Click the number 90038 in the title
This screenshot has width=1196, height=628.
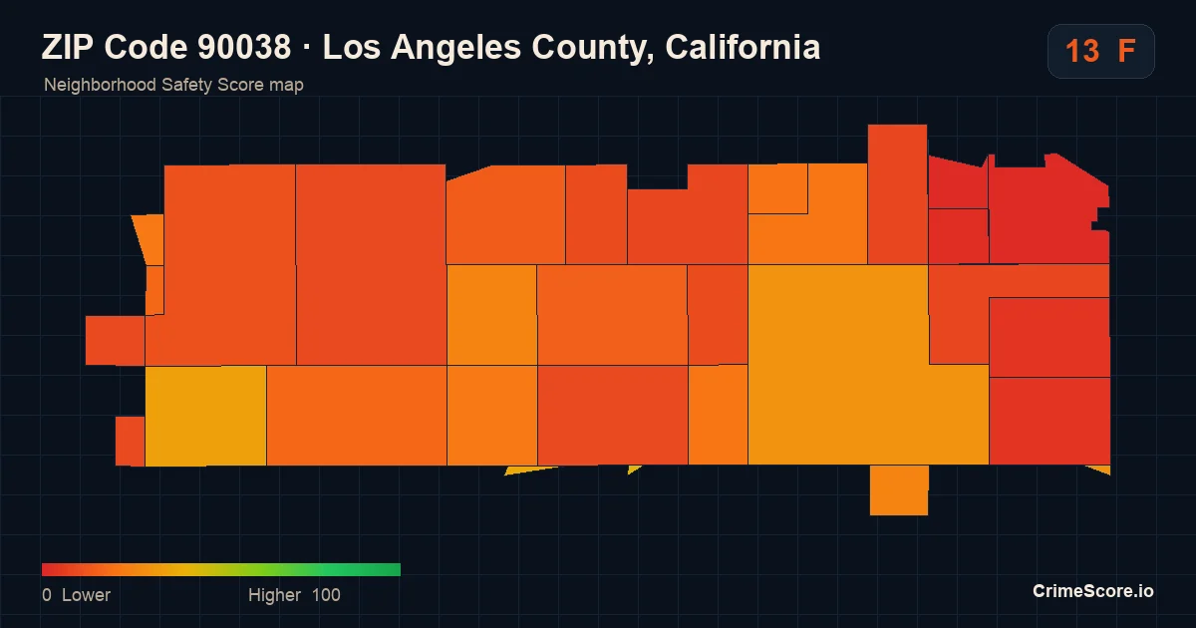click(244, 47)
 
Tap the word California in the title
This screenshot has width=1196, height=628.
click(743, 47)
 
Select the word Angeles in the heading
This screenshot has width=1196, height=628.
click(455, 48)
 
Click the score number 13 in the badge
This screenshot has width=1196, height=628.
click(1082, 51)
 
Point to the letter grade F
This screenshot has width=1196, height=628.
click(1126, 51)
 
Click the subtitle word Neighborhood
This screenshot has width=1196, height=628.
click(100, 85)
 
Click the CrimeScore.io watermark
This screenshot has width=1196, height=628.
click(1093, 591)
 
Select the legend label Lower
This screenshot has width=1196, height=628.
click(86, 595)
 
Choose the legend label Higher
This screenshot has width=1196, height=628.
click(274, 595)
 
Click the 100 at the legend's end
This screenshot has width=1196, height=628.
click(326, 595)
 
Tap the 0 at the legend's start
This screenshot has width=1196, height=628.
click(47, 595)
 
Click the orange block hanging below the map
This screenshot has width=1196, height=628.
click(899, 490)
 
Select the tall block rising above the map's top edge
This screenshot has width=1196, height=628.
click(898, 194)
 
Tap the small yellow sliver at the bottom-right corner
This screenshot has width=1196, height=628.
click(1102, 470)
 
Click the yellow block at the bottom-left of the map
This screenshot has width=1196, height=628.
click(205, 416)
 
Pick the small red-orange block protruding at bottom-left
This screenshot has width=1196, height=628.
click(130, 441)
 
